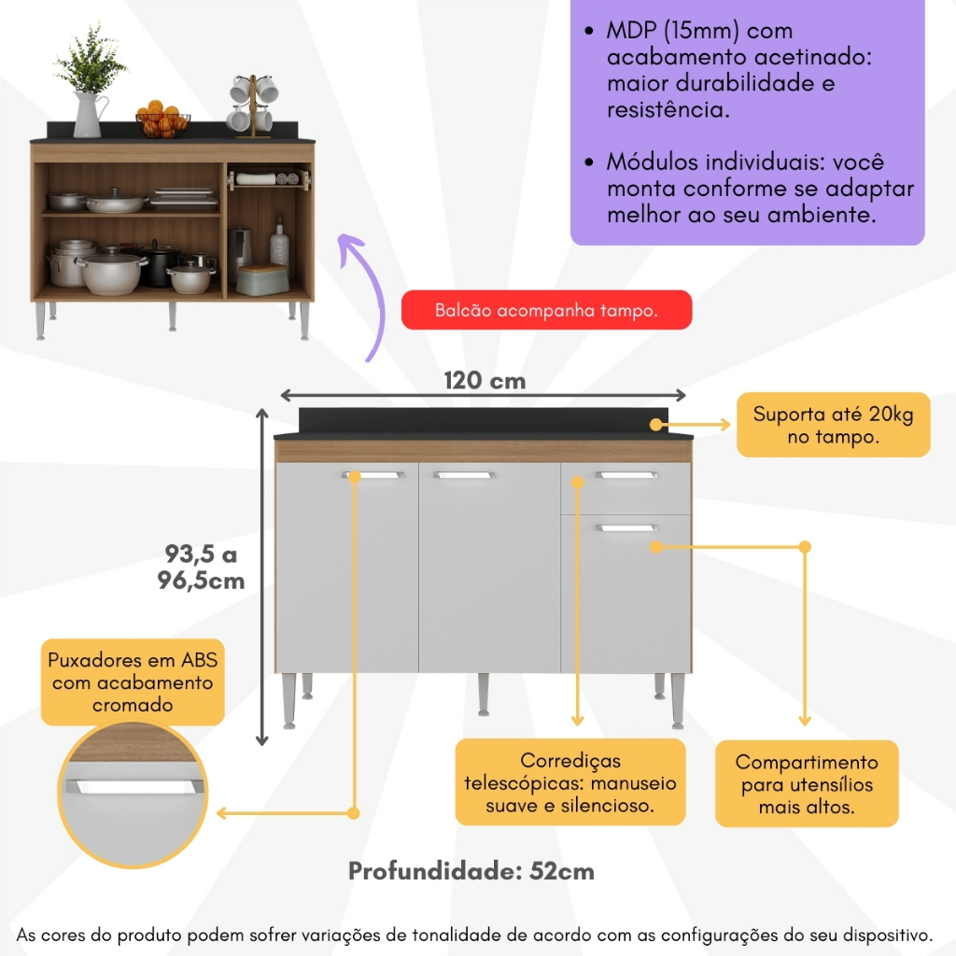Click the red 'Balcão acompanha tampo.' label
point(546,311)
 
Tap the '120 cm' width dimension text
point(484,381)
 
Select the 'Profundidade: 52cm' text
point(471,871)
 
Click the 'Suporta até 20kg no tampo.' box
point(833,425)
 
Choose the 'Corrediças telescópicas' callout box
point(570,782)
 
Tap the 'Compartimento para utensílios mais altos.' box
point(807,784)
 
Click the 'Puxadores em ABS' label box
point(134,682)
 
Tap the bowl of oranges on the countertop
point(163,121)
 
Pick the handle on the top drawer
point(626,476)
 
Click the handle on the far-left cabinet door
point(373,476)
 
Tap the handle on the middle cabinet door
point(462,476)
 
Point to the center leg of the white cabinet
point(484,696)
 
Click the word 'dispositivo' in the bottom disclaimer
point(871,935)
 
